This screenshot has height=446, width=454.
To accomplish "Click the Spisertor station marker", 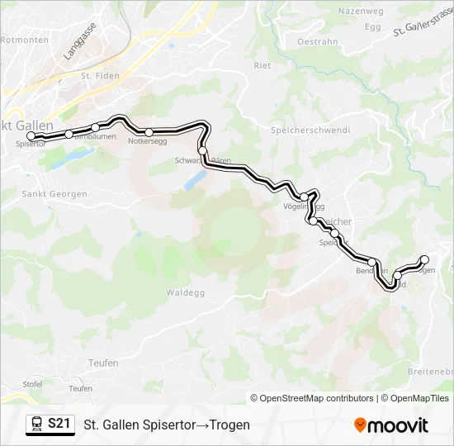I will click(x=31, y=136).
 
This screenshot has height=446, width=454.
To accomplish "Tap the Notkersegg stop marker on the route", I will click(x=149, y=132).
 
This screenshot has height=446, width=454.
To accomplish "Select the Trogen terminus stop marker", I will click(x=425, y=259).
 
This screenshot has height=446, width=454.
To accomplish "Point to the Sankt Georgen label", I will click(x=54, y=194).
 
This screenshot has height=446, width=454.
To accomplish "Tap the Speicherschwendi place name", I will click(x=310, y=130).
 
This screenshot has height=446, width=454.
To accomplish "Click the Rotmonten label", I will click(x=22, y=39).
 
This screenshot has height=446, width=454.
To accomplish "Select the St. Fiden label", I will click(x=100, y=76).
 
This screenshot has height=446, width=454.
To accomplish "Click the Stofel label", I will click(x=32, y=384).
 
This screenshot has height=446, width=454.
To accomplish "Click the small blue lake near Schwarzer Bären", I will click(x=196, y=179).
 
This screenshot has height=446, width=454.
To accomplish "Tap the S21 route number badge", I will click(x=59, y=424).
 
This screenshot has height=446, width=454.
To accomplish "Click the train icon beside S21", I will click(x=36, y=425).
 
